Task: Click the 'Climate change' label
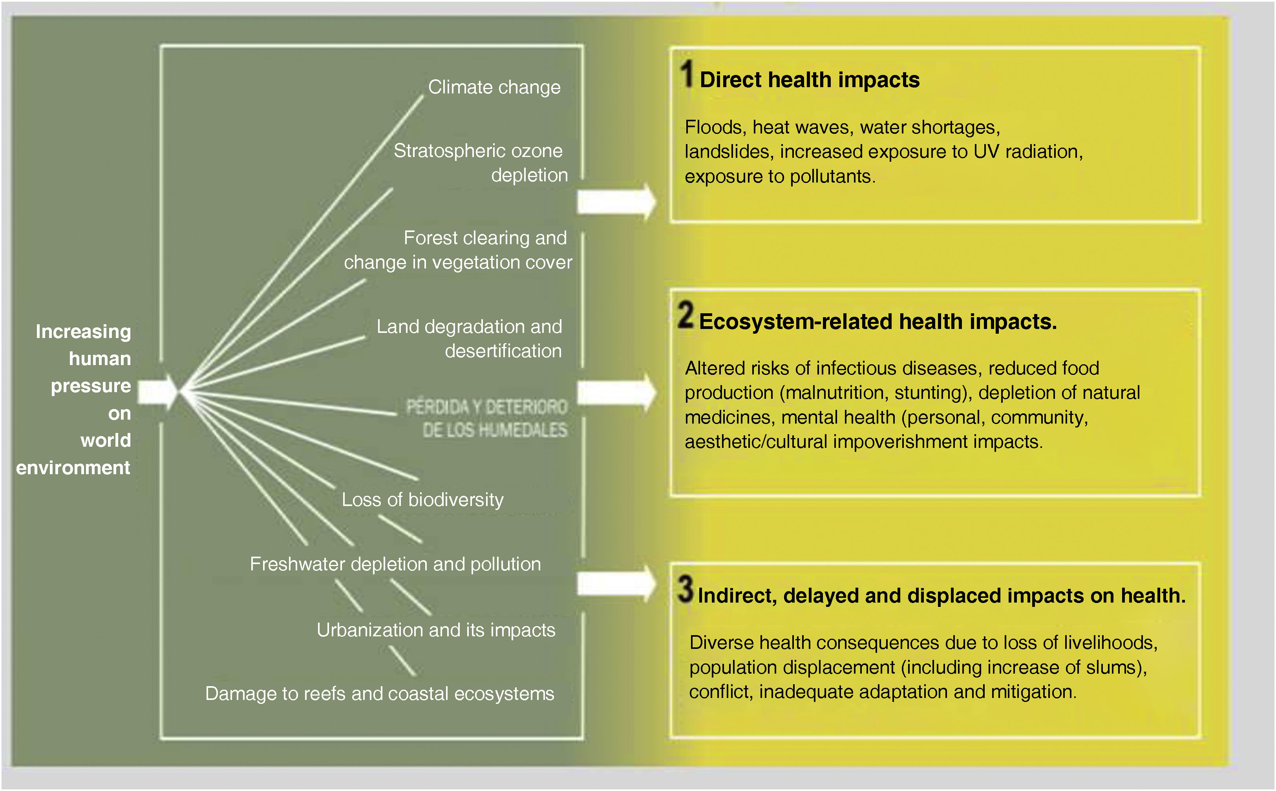click(494, 88)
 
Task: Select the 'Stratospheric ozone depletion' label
click(480, 163)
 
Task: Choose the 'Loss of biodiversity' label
click(422, 500)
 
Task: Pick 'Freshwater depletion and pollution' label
click(395, 564)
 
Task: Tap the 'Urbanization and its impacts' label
click(436, 630)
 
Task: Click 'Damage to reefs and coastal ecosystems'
click(379, 694)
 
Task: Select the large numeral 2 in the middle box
click(686, 316)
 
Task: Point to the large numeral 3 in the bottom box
click(686, 590)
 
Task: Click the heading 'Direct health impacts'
click(809, 80)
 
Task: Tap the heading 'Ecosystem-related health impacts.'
click(877, 322)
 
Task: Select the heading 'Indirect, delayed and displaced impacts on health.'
click(941, 596)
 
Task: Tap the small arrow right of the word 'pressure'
click(158, 392)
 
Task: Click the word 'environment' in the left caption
click(73, 468)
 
